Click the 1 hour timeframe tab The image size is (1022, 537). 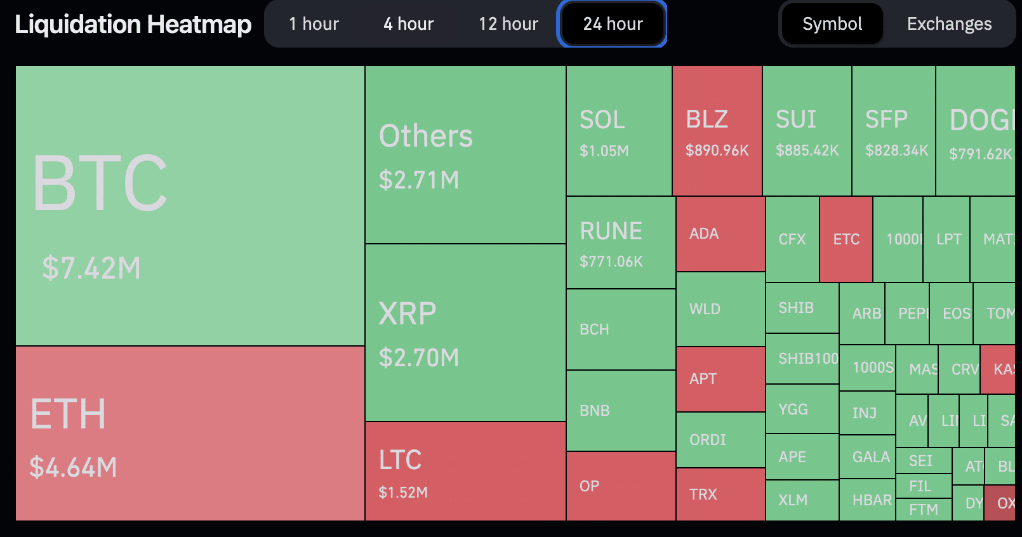[x=314, y=24]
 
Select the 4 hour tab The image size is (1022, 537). [x=408, y=24]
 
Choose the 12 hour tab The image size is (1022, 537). [x=508, y=24]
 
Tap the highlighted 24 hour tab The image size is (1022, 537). [x=613, y=24]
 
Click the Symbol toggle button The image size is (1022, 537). [x=832, y=24]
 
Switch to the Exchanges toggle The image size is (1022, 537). [x=949, y=24]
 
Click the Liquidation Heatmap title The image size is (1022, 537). [x=133, y=24]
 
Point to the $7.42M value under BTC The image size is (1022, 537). [x=91, y=268]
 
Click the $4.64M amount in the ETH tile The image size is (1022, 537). [x=74, y=468]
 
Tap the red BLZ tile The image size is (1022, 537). [x=717, y=131]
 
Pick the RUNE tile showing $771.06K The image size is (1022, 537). [x=620, y=242]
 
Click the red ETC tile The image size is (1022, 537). [x=846, y=239]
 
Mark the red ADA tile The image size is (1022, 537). [x=720, y=234]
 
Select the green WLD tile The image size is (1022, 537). [x=720, y=309]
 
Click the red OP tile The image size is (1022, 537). [x=620, y=486]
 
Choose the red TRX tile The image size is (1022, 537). [x=720, y=494]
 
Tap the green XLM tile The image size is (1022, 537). [x=802, y=500]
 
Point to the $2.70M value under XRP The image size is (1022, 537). [x=419, y=358]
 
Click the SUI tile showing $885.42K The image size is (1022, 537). [x=806, y=131]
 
